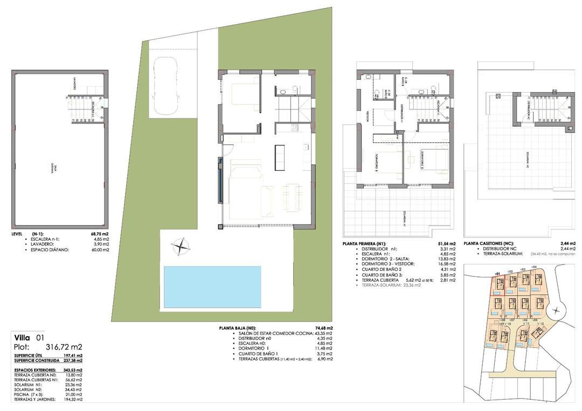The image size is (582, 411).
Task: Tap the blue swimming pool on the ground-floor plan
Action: pos(211,287)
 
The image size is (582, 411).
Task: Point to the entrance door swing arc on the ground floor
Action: pos(228,138)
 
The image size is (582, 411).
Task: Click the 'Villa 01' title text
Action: pos(29,337)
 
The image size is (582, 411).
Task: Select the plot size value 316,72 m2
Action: pos(63,346)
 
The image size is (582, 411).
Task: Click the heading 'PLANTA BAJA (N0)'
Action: pos(238,328)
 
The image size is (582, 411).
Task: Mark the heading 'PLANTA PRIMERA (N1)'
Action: pos(365,243)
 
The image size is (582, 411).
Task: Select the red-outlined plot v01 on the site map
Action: pos(497,284)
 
